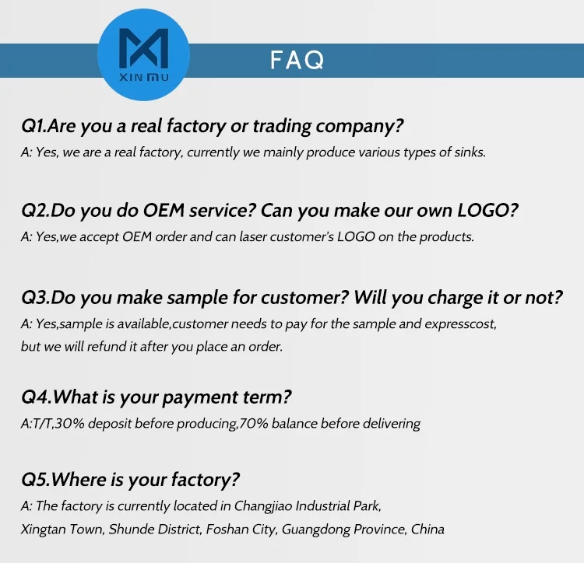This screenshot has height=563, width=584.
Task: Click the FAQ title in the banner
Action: coord(297,60)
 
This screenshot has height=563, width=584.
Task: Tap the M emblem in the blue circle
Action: coord(144,48)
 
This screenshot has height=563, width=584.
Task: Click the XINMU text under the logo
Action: coord(144,78)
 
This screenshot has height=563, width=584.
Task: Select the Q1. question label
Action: coord(34,127)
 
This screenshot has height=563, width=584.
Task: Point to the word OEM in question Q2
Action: coord(164,211)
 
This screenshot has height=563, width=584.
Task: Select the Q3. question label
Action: coord(36,298)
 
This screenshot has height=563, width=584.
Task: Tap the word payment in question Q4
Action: coord(201,397)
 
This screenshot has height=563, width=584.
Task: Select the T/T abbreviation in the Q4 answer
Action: coord(42,424)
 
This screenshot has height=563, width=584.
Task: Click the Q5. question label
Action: coord(36,480)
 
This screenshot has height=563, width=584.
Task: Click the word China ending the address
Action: coord(427,529)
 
